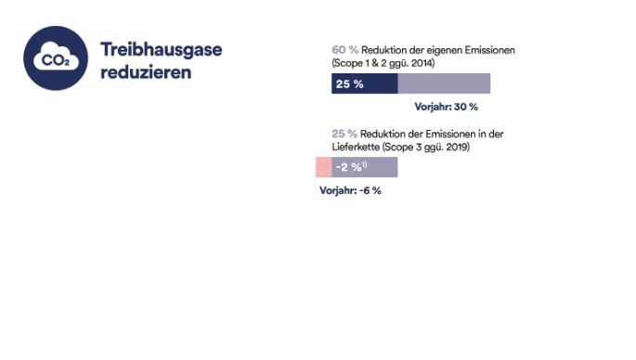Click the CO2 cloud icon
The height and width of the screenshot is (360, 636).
click(x=55, y=58)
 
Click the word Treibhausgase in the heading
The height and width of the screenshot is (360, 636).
click(x=161, y=49)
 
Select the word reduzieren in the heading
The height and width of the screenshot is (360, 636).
click(x=146, y=71)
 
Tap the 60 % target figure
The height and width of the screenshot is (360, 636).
click(x=344, y=49)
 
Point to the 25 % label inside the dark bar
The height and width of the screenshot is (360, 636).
click(x=349, y=84)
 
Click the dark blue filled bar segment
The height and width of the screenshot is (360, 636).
click(x=364, y=84)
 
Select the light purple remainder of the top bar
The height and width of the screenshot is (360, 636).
click(x=444, y=84)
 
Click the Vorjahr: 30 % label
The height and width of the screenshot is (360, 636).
click(x=448, y=107)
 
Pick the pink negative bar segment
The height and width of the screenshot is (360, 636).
click(x=323, y=167)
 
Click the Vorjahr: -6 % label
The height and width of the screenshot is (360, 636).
click(x=350, y=190)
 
